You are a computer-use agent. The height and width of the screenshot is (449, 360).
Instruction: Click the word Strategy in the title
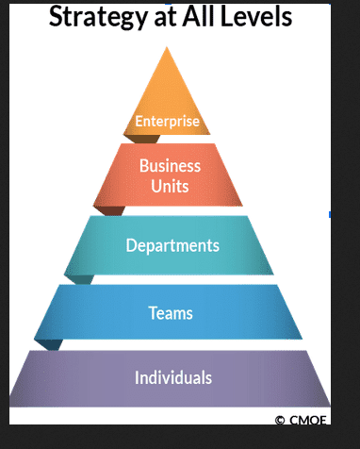point(98,17)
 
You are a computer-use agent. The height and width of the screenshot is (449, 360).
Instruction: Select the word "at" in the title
point(164,17)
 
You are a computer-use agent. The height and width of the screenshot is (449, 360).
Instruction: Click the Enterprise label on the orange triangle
point(167,121)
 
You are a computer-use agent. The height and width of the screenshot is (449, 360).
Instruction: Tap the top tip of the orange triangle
point(167,47)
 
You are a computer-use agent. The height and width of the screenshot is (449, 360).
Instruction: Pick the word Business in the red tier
point(170,165)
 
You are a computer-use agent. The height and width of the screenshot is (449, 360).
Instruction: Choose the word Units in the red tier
point(170,186)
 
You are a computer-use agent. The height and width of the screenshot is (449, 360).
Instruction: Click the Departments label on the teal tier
point(172,245)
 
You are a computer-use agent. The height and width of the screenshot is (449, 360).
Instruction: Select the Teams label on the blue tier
point(171,313)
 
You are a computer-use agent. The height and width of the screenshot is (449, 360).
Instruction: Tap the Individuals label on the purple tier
point(173,377)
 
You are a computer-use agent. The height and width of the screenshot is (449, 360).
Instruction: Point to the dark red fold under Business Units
point(110,210)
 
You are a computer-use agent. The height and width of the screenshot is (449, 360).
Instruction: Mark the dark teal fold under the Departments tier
point(80,279)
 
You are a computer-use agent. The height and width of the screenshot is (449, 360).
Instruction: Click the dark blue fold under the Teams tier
point(50,344)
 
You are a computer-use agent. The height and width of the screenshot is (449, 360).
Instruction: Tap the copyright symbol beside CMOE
point(280,420)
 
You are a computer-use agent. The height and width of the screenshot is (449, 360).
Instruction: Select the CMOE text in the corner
point(308,420)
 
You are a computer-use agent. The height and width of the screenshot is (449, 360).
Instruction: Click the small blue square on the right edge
point(330,214)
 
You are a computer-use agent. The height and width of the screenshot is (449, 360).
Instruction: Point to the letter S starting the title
point(56,15)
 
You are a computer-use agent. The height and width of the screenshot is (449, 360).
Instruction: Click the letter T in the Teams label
point(153,313)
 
